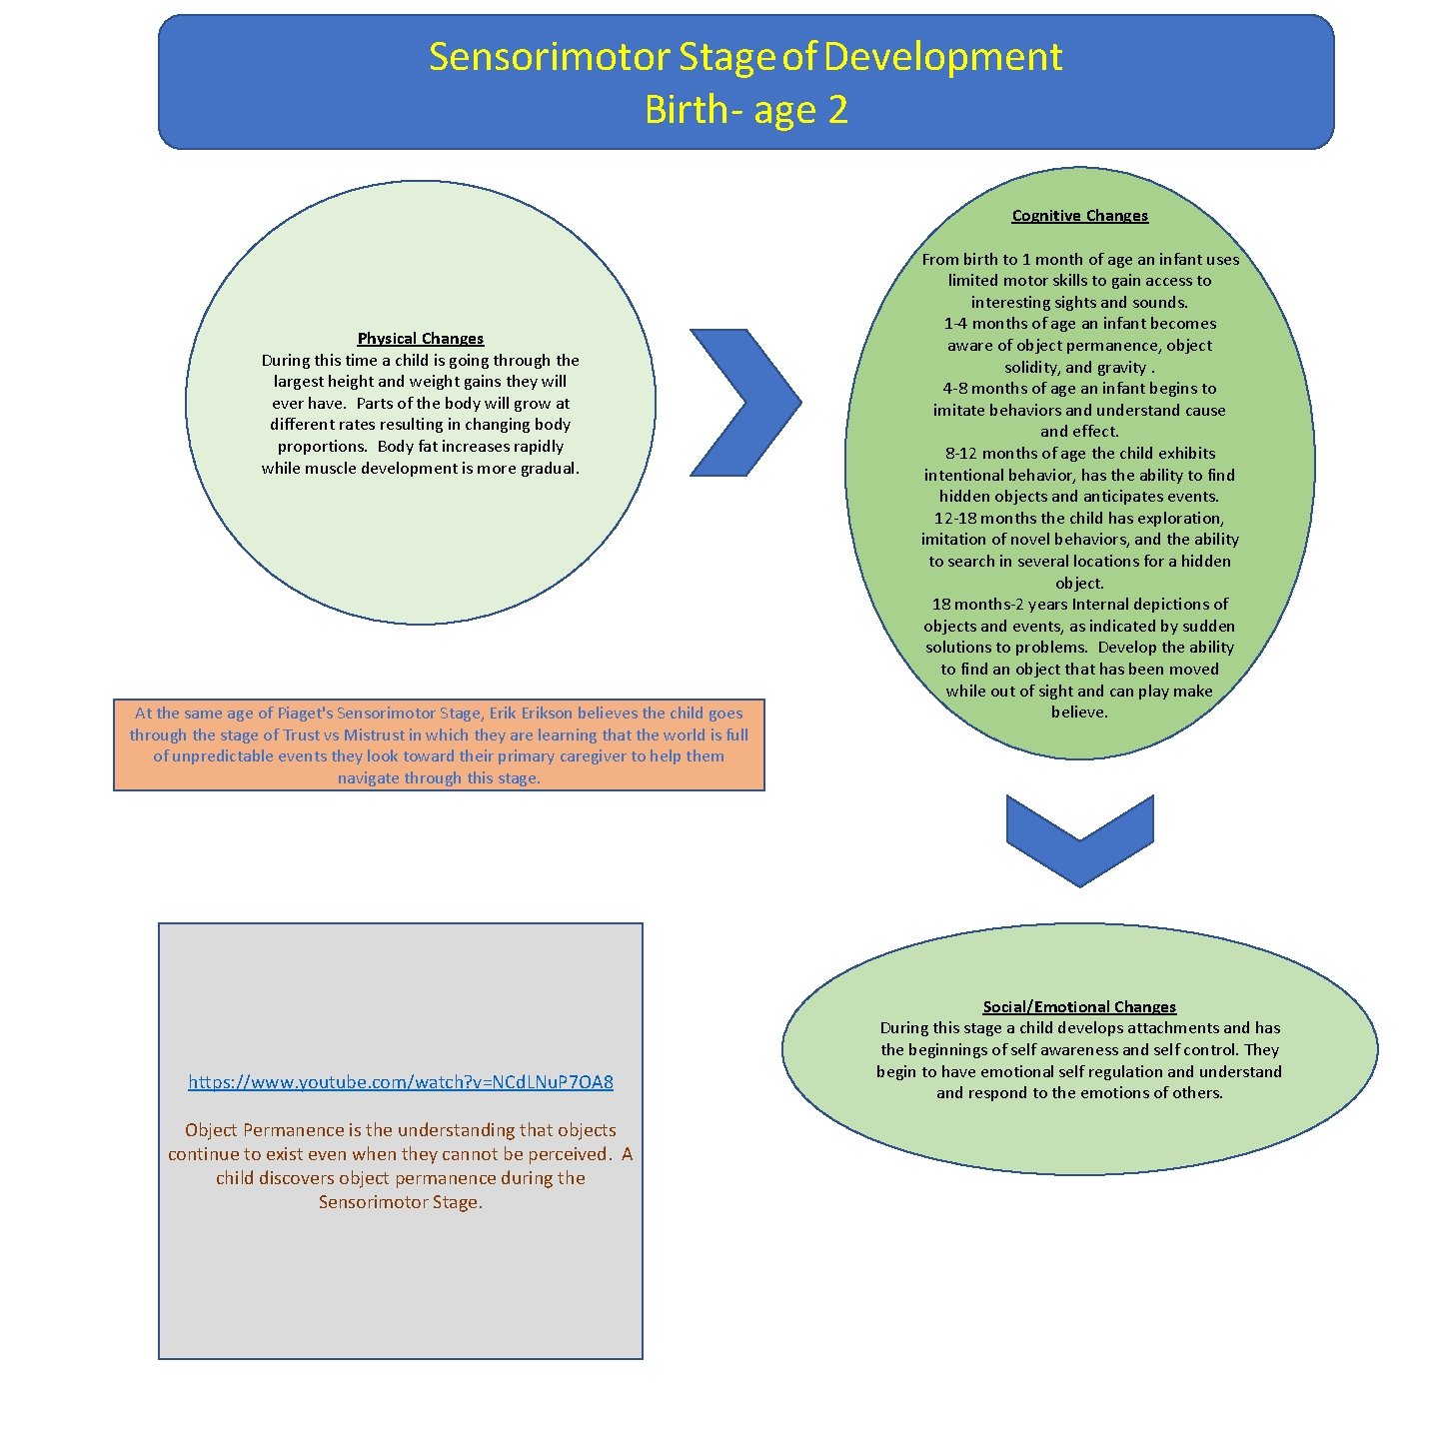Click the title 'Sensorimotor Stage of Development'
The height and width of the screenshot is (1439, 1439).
pos(744,57)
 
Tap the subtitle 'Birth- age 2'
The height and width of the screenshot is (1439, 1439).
pos(745,110)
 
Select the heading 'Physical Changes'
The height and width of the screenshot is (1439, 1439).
pos(421,339)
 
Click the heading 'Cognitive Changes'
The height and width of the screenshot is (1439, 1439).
pos(1079,216)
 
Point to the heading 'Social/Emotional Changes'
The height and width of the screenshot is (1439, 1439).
pos(1079,1007)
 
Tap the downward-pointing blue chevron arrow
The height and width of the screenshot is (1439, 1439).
pos(1079,839)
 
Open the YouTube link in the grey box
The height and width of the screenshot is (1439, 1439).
pos(401,1081)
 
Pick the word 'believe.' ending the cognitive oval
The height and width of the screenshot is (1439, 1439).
pos(1079,713)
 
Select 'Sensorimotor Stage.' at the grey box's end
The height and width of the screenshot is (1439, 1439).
pos(401,1202)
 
